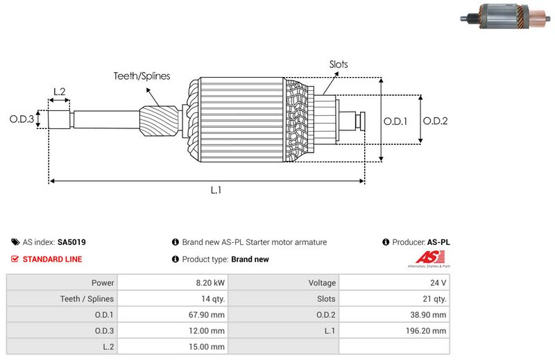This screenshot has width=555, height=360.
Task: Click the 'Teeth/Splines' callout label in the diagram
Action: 142,76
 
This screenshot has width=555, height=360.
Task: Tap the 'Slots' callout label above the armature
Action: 339,65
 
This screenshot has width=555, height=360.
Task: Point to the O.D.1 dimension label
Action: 395,121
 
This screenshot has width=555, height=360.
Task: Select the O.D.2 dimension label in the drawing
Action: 435,121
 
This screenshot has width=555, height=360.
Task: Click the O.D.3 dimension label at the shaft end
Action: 22,119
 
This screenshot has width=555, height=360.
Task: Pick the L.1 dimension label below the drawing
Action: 216,190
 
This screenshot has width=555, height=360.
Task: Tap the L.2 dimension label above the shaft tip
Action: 59,92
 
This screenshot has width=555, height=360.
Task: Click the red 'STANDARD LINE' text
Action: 52,259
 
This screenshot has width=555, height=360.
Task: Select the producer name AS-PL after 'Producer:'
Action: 438,243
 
